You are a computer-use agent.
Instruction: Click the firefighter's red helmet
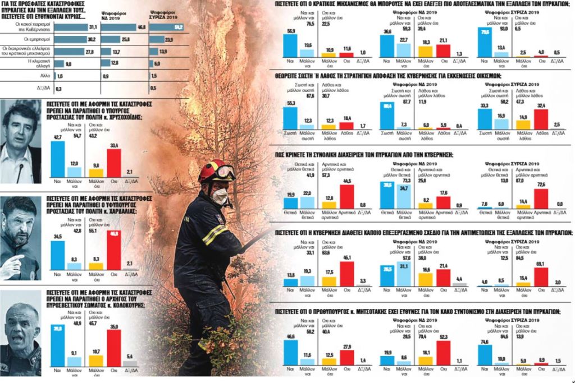pos(218,170)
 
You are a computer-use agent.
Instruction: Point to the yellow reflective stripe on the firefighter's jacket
pos(214,235)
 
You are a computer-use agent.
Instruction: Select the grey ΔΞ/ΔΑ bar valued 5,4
pos(130,363)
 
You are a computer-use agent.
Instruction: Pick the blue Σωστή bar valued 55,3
pos(290,120)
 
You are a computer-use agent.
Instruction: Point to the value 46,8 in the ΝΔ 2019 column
pos(141,27)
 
